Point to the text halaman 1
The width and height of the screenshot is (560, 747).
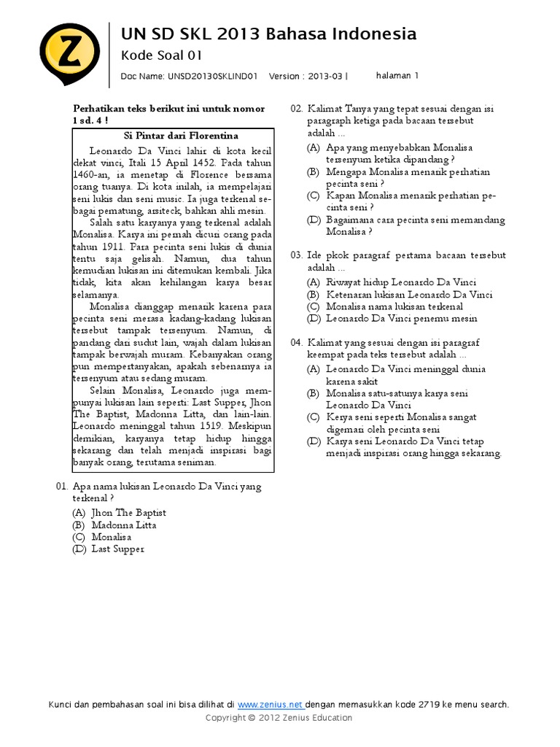(x=397, y=75)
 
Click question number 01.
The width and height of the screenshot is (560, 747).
(x=61, y=486)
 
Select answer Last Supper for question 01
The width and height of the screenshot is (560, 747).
(x=117, y=549)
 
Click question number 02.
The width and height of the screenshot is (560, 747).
(x=296, y=109)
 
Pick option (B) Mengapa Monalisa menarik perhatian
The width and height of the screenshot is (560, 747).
(x=408, y=172)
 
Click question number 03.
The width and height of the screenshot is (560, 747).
(x=296, y=255)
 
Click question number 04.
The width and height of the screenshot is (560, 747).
(x=296, y=342)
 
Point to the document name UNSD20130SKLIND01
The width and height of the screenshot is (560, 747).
(x=214, y=76)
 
